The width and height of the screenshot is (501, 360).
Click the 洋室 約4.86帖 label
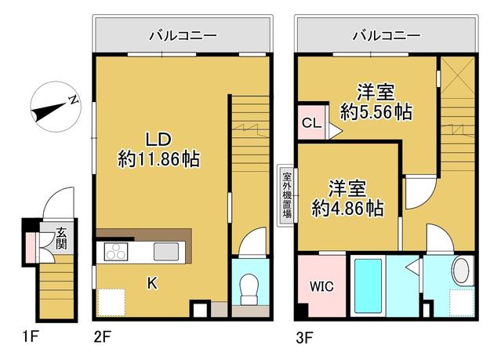tap(347, 198)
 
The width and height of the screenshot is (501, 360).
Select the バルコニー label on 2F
tap(182, 35)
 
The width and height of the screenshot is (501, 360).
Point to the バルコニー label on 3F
tap(385, 35)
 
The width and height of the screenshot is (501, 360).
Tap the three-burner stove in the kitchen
tap(115, 252)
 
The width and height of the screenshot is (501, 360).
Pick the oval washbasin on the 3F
tap(461, 271)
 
